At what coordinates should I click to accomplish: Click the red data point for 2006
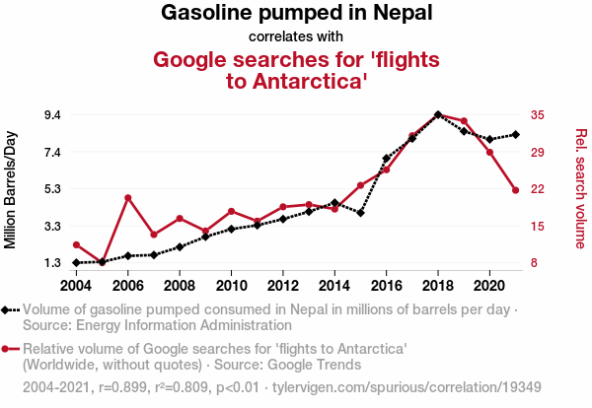coord(128,198)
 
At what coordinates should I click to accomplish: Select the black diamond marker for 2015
coord(361,213)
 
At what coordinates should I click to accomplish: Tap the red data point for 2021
coord(515,190)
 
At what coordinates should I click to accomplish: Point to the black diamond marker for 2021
coord(515,134)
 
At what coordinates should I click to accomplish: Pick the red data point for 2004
coord(77,244)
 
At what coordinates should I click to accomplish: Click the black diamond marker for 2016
coord(387,158)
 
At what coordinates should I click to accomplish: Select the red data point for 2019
coord(464,121)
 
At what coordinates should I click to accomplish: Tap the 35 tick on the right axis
coord(537,115)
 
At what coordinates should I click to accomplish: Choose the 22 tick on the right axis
coord(537,189)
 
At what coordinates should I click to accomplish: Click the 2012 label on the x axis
coord(283,286)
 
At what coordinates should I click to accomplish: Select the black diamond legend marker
coord(10,309)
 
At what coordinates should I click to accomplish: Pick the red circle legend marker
coord(10,349)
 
